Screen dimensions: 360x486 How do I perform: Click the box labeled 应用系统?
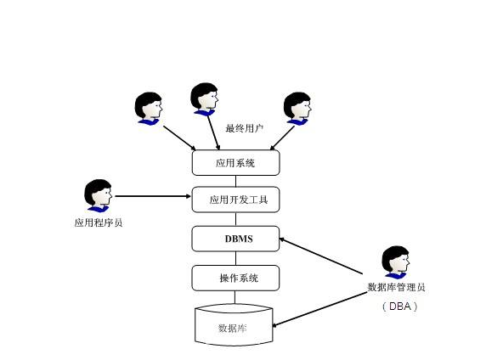pos(235,161)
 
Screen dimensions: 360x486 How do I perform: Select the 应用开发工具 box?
pos(235,200)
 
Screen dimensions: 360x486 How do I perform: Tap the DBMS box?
pos(235,239)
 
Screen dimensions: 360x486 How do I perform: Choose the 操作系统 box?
pos(235,278)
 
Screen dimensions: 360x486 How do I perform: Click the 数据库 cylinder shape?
pos(234,326)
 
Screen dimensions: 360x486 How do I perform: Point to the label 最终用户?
pos(244,129)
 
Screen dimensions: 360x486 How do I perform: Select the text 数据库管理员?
pos(396,287)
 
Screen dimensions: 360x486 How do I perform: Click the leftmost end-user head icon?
pos(148,107)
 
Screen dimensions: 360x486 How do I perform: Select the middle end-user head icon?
pos(204,98)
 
